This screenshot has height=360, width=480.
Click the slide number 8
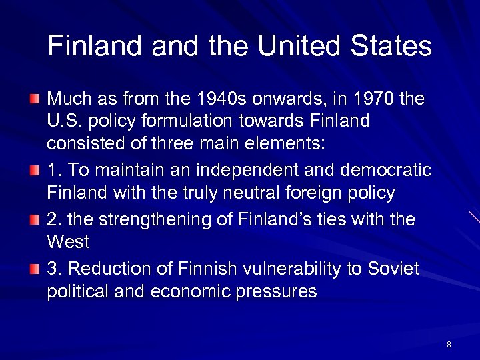click(449, 345)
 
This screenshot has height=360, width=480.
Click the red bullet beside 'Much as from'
click(34, 100)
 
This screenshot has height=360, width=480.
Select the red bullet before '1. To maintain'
click(34, 171)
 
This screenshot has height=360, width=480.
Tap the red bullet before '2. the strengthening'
click(34, 219)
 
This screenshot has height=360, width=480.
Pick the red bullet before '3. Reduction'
click(34, 268)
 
